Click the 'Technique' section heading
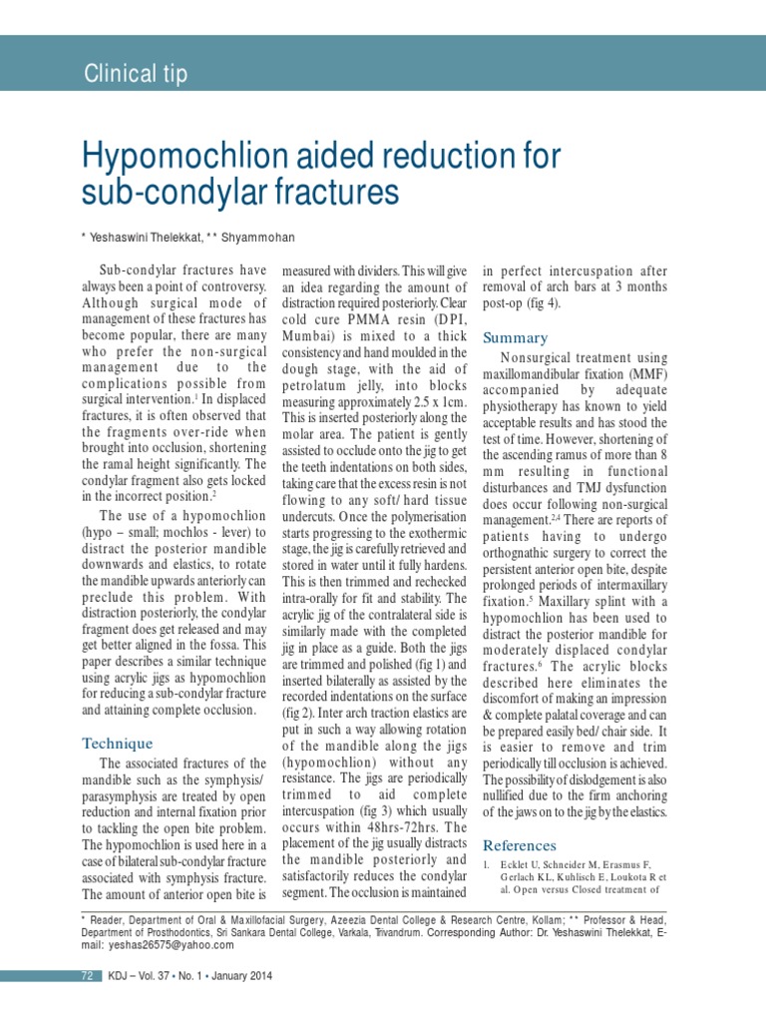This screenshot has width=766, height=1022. pos(117,744)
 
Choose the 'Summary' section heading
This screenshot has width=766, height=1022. pos(515,337)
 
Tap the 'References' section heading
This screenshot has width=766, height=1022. pos(520,844)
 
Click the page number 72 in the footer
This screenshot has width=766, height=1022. pos(86,976)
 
